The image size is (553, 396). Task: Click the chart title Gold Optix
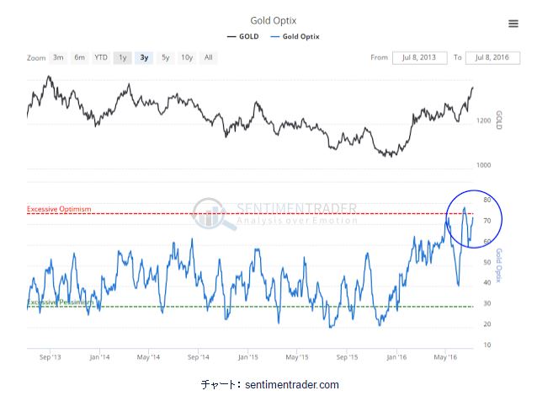pos(273,20)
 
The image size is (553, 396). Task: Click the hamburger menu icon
pos(513,24)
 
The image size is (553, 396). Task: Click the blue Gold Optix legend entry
pos(295,37)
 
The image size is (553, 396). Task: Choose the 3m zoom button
pos(58,57)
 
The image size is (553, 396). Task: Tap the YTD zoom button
pos(101,57)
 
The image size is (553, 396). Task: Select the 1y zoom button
pos(123,57)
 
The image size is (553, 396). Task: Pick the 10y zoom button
pos(187,57)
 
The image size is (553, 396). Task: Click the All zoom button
pos(208,57)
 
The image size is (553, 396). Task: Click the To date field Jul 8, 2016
pos(492,57)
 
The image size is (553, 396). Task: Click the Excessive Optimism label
pos(58,209)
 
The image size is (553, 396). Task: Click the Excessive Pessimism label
pos(59,302)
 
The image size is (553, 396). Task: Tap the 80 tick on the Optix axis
pos(487,201)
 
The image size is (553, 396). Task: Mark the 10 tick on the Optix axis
pos(487,345)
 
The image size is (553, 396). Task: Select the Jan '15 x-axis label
pos(247,356)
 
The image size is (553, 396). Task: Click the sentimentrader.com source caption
pos(269,384)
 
